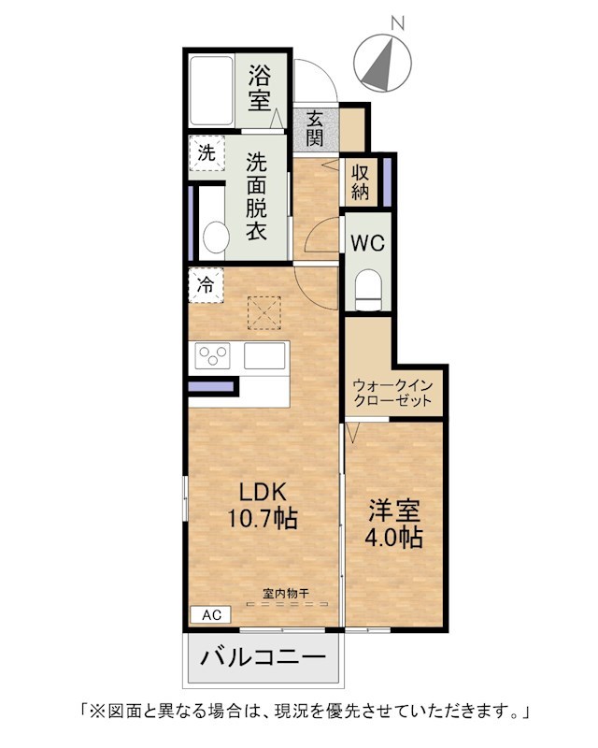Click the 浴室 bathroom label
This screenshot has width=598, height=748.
click(x=260, y=88)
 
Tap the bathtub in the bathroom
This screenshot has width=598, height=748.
click(x=211, y=91)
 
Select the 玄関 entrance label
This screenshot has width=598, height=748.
click(x=315, y=128)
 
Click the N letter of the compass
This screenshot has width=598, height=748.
click(x=397, y=22)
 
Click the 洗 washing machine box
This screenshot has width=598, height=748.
click(x=206, y=153)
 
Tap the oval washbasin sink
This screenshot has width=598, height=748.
click(x=216, y=237)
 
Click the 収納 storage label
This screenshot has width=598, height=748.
click(x=361, y=181)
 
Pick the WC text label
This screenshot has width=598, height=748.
click(x=367, y=243)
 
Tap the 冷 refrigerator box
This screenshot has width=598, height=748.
click(x=206, y=285)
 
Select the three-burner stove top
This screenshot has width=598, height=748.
click(x=213, y=355)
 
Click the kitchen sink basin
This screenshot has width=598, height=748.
click(x=264, y=355)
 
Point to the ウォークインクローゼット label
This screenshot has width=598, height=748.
click(x=392, y=393)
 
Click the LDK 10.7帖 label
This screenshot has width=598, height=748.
click(x=263, y=505)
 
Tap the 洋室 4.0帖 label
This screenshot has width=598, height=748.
click(x=394, y=525)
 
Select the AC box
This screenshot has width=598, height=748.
click(x=211, y=615)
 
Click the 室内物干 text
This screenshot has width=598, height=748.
click(x=286, y=594)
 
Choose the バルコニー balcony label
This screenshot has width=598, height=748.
click(x=263, y=658)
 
